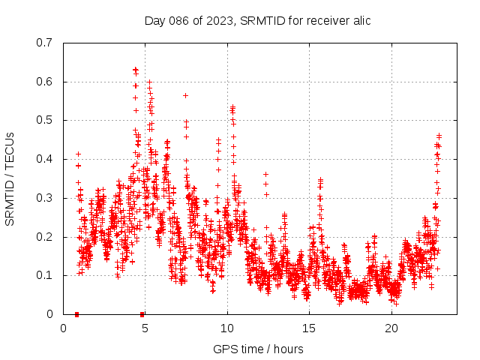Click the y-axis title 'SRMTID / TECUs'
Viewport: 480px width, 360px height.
tap(10, 178)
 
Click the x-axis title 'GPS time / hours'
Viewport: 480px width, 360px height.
tap(258, 349)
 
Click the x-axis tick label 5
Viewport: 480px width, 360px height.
tap(145, 328)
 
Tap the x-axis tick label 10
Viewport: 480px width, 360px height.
tap(227, 328)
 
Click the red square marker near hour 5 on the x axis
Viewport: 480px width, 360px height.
tap(142, 313)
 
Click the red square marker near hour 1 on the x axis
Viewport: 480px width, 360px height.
tap(77, 313)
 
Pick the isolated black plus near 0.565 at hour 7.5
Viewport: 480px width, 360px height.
tap(185, 95)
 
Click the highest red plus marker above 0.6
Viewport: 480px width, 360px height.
tap(135, 70)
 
